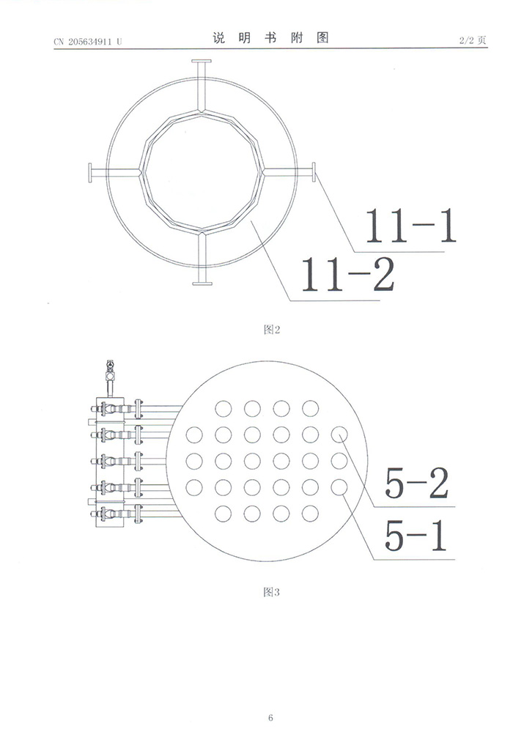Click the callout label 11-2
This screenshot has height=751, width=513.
(x=347, y=274)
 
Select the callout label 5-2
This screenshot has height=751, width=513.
(x=417, y=483)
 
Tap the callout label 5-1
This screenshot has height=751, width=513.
(x=416, y=535)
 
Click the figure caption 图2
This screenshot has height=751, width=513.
(x=272, y=330)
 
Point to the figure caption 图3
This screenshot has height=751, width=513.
(x=272, y=592)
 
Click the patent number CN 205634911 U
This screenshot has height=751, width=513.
(x=88, y=41)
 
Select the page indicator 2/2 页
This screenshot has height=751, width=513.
(x=473, y=40)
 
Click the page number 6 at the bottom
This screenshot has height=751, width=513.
(x=270, y=717)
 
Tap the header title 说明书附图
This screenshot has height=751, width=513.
(x=271, y=38)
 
